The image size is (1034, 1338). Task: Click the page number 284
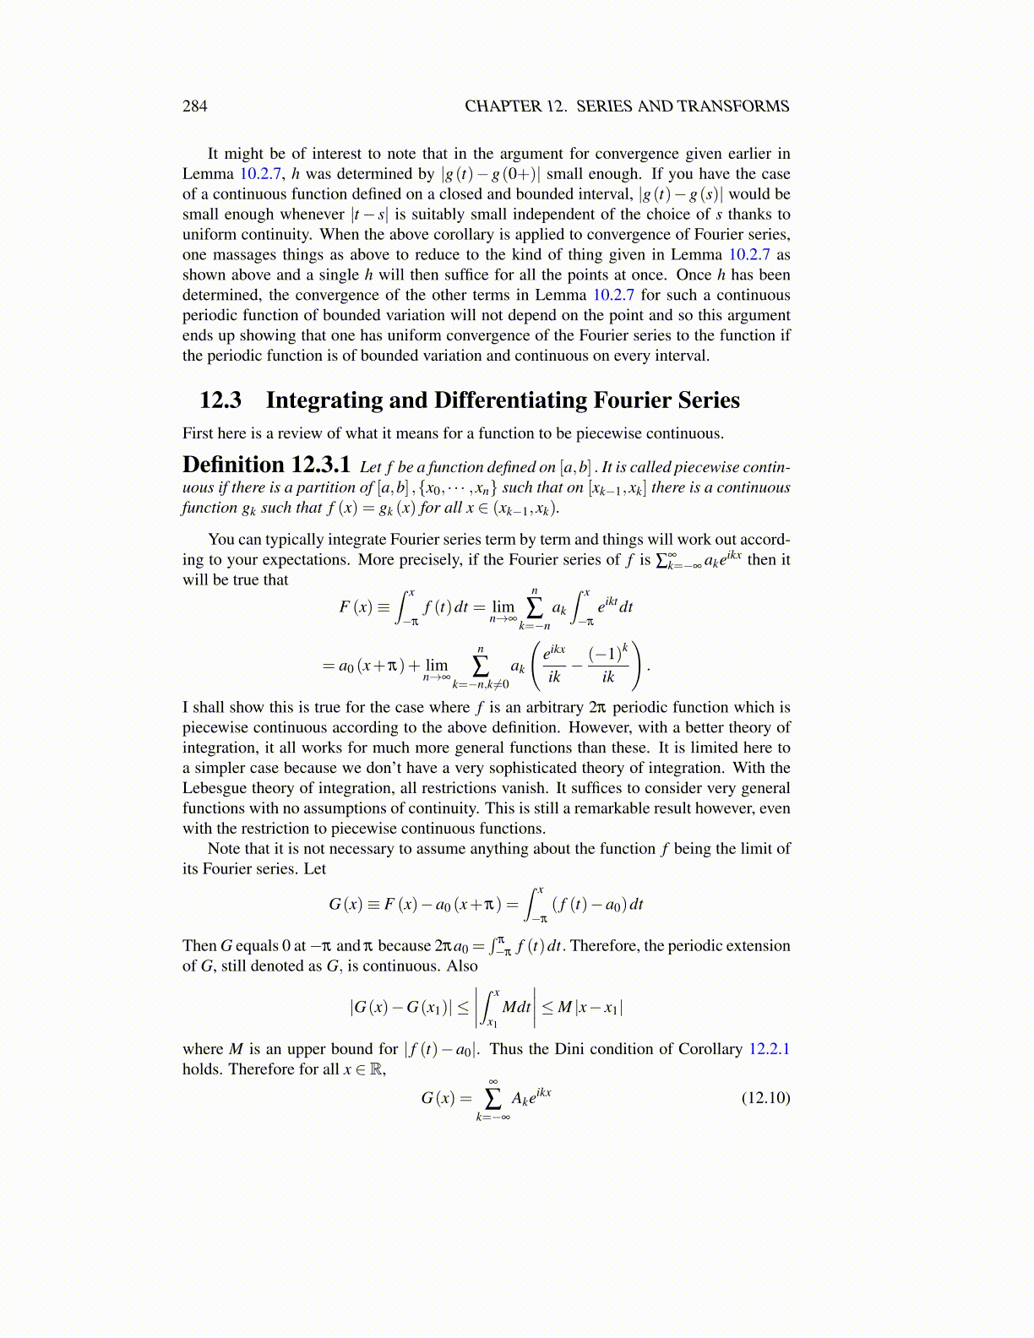(194, 106)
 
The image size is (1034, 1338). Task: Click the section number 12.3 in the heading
(220, 400)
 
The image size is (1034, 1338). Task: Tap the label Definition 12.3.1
(266, 465)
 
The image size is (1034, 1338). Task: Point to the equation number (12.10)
(765, 1097)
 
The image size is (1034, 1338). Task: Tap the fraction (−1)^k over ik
(608, 665)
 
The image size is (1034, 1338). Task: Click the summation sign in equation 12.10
(493, 1098)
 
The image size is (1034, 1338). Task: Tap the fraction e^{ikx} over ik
(554, 665)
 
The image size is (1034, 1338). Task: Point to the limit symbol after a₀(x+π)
(437, 667)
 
